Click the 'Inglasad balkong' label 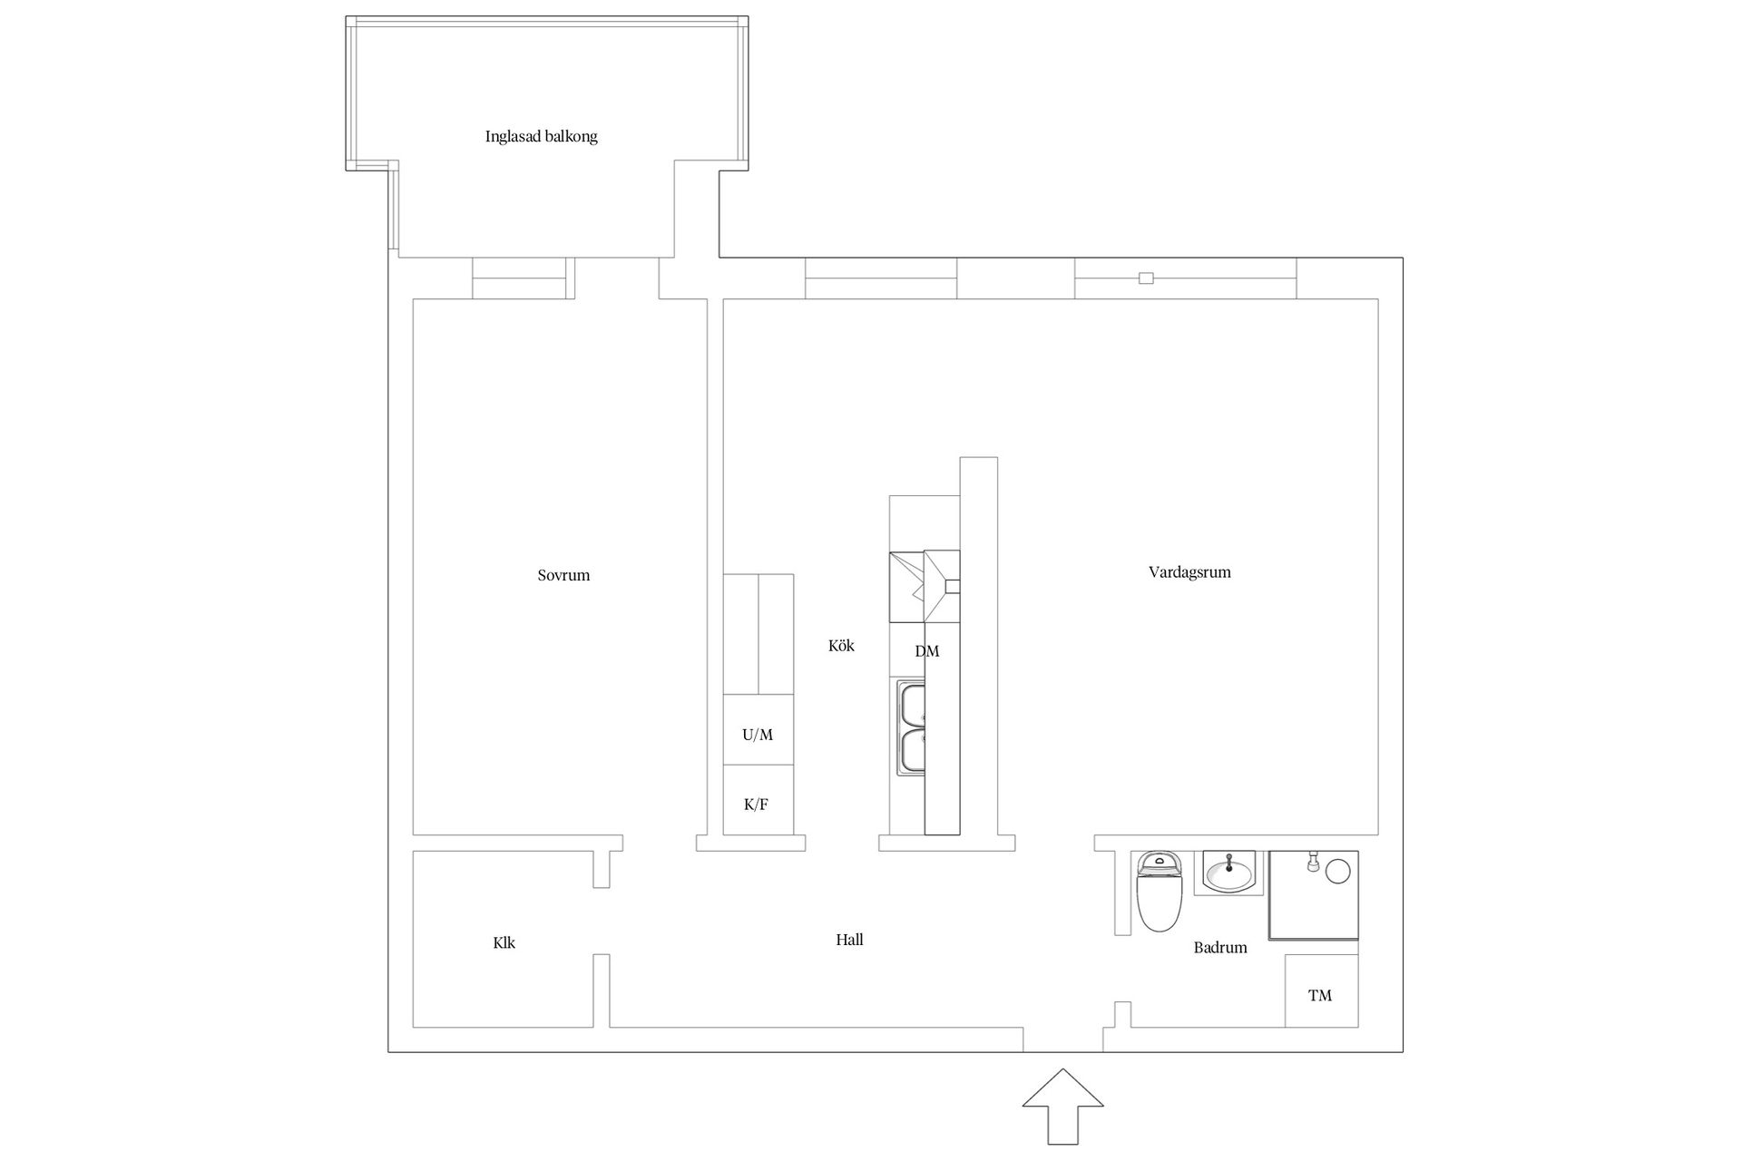541,137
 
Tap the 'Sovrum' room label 563,575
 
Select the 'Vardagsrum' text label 1189,572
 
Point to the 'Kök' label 841,646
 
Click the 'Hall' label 849,940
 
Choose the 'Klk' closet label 504,942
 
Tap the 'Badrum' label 1220,948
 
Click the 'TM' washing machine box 1321,990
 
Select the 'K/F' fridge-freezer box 758,799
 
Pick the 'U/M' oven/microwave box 758,729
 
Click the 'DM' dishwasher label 926,651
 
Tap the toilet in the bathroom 1159,892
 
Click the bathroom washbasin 1228,873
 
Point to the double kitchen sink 911,728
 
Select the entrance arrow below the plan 1062,1107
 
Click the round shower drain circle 1338,872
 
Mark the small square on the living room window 1146,278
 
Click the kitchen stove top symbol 925,586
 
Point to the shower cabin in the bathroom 1313,894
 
